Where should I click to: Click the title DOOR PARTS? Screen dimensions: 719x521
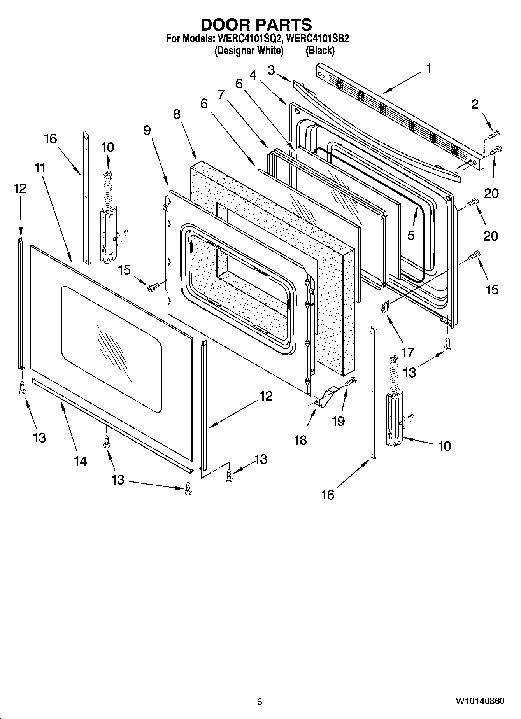[256, 24]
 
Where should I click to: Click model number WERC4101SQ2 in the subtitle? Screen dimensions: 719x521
[244, 39]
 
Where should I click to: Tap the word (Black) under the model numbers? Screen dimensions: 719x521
[320, 51]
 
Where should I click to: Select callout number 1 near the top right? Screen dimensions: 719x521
[428, 69]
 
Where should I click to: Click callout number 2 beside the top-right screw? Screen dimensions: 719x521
[475, 104]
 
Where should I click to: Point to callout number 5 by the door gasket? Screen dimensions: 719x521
[411, 235]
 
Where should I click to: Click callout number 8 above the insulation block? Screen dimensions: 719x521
[177, 114]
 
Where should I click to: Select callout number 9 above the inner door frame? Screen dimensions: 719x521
[147, 130]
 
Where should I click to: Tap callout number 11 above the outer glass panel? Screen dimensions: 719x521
[40, 168]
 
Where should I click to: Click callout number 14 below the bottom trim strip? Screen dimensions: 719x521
[80, 461]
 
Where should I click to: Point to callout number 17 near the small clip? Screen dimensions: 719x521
[408, 352]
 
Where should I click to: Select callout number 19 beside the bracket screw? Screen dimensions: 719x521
[338, 421]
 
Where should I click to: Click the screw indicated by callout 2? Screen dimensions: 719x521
[493, 135]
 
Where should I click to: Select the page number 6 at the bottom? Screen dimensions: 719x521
[260, 702]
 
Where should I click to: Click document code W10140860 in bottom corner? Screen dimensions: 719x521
[480, 701]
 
